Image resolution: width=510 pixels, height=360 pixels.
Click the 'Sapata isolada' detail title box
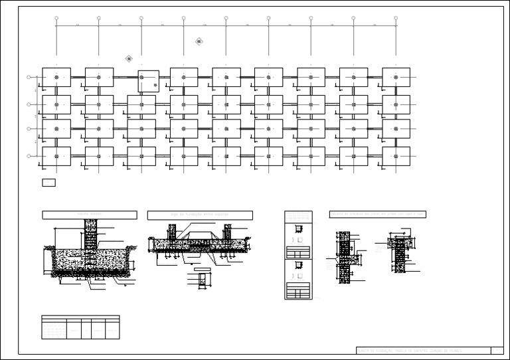[90, 215]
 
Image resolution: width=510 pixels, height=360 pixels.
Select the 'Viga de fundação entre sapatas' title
[200, 215]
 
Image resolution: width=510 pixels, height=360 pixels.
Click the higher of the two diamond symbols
[199, 41]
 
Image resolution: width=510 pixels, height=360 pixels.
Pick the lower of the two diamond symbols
[129, 58]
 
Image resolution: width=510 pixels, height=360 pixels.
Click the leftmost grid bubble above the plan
[56, 19]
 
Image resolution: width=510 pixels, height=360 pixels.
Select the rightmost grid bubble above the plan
[396, 19]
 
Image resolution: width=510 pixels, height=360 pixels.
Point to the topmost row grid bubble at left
[29, 78]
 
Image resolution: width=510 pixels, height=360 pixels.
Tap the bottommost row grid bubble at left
[29, 156]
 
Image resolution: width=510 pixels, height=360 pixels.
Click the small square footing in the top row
[148, 80]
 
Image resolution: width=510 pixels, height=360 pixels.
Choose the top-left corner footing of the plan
[56, 77]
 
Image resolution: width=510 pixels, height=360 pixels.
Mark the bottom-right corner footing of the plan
[396, 156]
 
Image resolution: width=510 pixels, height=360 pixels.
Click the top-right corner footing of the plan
[396, 77]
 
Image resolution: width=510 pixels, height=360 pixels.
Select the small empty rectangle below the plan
[48, 182]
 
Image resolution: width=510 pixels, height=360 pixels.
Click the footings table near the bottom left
[80, 327]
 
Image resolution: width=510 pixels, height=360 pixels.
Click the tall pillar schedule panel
[298, 255]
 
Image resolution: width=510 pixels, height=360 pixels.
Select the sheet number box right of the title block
[497, 350]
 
